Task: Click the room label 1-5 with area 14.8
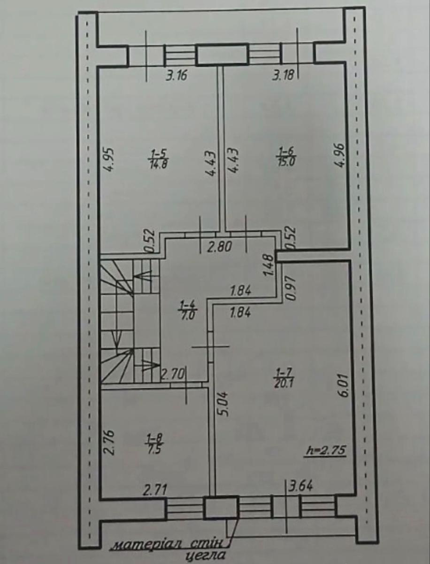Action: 158,159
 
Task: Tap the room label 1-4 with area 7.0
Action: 188,310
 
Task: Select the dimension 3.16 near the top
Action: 177,76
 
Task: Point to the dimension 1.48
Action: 269,265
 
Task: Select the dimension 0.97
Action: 290,288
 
